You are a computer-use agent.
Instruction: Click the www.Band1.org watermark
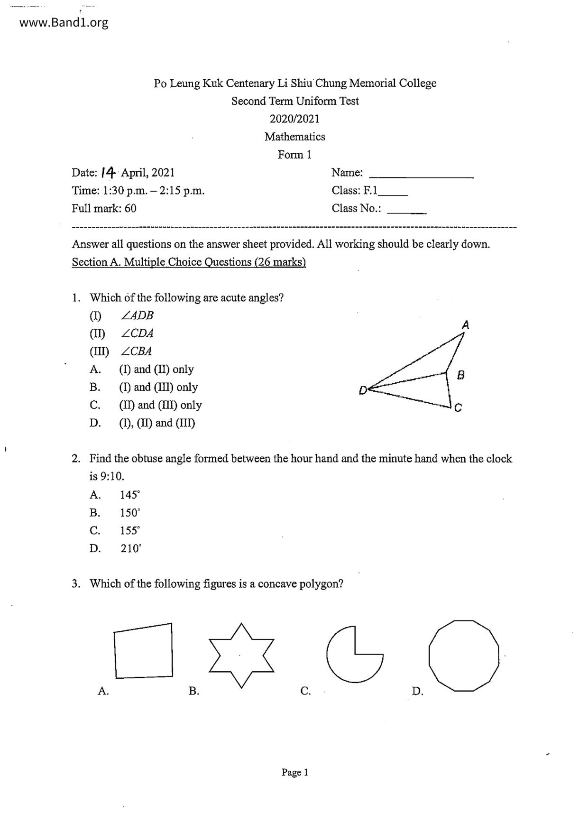64,23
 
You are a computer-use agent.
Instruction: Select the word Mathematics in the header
295,137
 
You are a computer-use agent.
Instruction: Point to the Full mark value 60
130,208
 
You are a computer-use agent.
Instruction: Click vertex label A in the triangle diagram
466,325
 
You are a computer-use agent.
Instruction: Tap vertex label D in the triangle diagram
363,390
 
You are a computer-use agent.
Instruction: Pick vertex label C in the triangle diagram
458,407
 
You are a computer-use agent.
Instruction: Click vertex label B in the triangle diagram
460,375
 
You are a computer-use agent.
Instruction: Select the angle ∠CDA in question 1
137,333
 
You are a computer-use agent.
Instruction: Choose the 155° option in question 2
130,531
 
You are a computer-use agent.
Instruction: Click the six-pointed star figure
241,655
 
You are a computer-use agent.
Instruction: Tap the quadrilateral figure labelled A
143,651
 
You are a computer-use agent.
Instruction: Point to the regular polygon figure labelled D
464,656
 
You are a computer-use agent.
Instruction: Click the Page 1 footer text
295,772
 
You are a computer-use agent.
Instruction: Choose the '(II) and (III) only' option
160,405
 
